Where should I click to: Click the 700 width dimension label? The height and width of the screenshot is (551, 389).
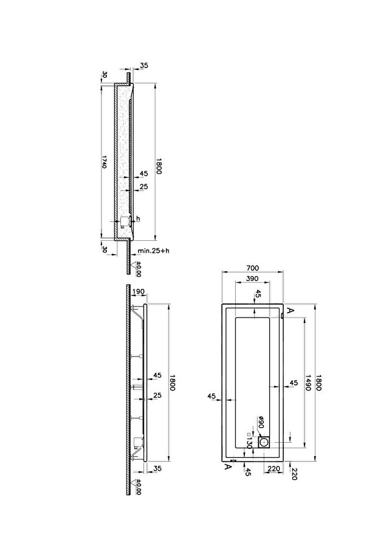(x=252, y=268)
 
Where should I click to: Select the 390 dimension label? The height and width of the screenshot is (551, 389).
(x=252, y=279)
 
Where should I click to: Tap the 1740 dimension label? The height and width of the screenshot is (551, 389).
(x=104, y=161)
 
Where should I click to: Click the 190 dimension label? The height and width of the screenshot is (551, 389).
(x=139, y=291)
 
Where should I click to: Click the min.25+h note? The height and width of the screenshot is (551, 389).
(x=153, y=251)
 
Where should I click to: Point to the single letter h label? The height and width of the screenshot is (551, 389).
(x=138, y=218)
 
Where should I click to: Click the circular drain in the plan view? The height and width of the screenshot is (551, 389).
(x=264, y=442)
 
